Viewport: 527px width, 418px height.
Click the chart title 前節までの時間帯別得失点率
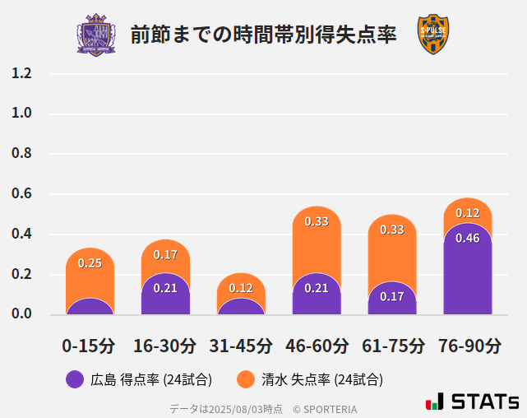pos(263,35)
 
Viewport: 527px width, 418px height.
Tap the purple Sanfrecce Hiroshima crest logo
pos(96,35)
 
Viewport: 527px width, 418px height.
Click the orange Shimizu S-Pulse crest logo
pos(433,35)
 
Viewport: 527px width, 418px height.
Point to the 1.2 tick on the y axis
pos(21,73)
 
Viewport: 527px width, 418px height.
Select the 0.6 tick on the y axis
pos(21,194)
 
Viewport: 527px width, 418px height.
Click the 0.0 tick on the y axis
pos(21,313)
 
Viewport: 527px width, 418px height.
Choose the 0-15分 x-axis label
pos(90,346)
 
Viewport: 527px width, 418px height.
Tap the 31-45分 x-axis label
pos(241,346)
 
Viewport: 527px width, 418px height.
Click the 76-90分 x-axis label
pos(468,346)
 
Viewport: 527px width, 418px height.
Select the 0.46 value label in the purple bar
pos(467,238)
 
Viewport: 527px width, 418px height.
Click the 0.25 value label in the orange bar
pos(90,263)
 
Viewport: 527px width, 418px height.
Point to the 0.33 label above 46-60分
pos(317,221)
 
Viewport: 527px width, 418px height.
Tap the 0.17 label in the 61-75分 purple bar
pos(392,296)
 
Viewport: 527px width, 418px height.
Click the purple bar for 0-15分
pos(90,307)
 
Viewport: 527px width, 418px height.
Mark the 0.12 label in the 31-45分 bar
pos(241,288)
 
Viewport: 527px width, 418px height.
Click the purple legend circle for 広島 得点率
pos(75,379)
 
